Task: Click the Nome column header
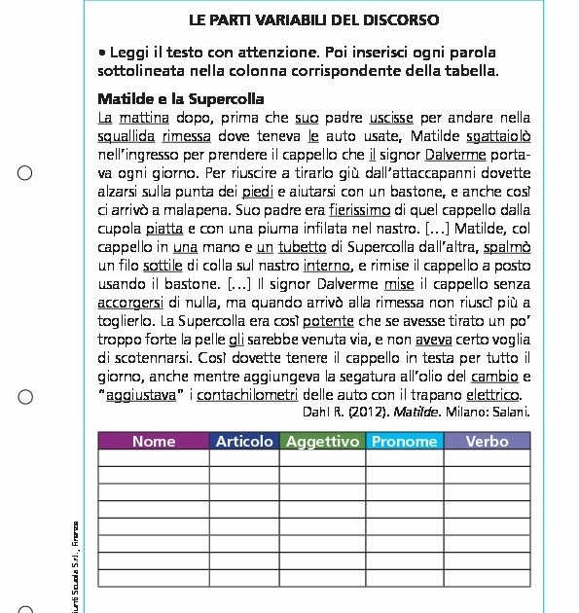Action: point(154,441)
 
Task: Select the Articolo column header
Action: point(244,441)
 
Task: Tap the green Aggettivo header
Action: point(323,441)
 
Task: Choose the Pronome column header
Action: point(405,441)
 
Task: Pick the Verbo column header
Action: point(487,441)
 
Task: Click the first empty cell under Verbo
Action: point(487,458)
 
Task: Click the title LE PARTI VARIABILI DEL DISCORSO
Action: point(313,19)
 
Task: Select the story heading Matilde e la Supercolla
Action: point(181,99)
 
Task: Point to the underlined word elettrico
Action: point(493,394)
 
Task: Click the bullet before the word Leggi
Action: point(102,52)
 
